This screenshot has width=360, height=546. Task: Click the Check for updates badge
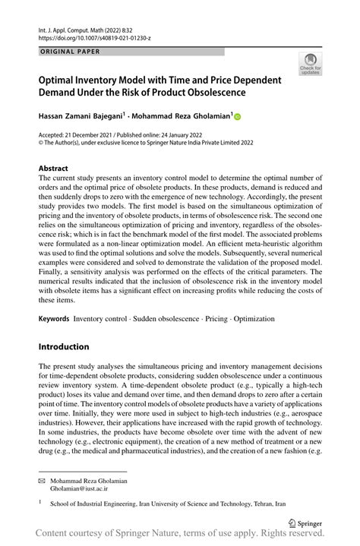(311, 65)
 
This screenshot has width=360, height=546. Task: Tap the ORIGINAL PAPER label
(69, 52)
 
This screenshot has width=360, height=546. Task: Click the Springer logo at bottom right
(306, 522)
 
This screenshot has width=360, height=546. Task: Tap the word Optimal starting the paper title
(60, 79)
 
